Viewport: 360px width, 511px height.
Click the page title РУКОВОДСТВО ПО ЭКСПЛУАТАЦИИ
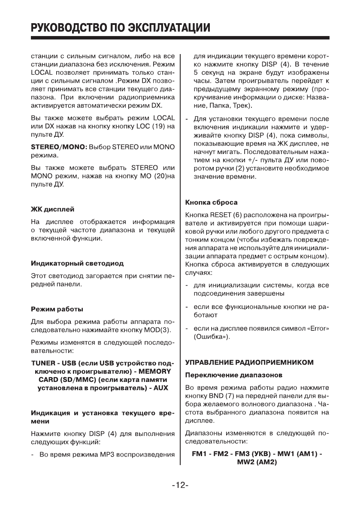pyautogui.click(x=121, y=28)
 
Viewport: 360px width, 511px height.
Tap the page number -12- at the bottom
pyautogui.click(x=180, y=485)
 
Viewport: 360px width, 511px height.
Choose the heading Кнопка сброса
pyautogui.click(x=211, y=202)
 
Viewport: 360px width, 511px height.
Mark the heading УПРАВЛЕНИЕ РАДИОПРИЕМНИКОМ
pyautogui.click(x=249, y=362)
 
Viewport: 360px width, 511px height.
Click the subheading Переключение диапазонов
pyautogui.click(x=233, y=375)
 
